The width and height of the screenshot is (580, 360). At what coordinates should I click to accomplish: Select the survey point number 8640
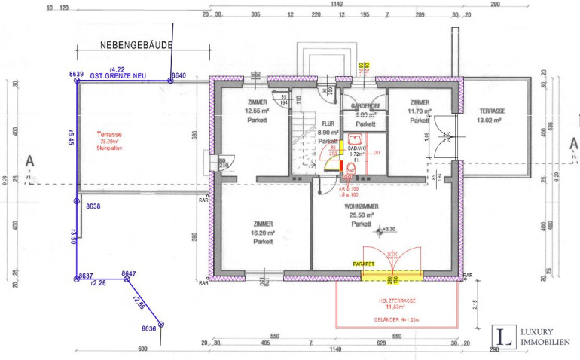pos(178,75)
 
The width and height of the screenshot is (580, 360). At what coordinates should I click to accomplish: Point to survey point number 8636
pos(148,328)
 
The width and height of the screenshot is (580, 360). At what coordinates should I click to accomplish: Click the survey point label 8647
pos(129,273)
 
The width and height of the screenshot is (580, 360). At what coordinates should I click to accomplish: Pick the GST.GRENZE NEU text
pos(118,76)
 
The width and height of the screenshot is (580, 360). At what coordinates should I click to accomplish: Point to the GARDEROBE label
pos(365,107)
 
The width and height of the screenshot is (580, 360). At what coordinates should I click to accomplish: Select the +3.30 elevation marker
pos(388,228)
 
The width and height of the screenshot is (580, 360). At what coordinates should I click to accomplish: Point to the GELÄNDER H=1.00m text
pos(396,319)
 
